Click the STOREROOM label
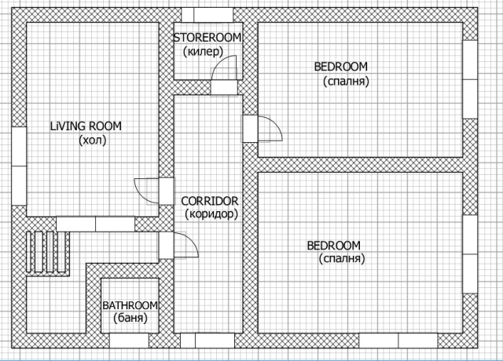[207, 38]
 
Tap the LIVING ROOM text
[86, 126]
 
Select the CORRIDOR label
[210, 201]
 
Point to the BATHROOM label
[130, 305]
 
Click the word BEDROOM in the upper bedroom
[340, 67]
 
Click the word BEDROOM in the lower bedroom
[333, 246]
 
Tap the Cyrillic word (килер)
[203, 52]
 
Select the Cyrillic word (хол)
[93, 140]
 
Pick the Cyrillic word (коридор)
[211, 214]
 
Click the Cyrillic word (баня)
[130, 318]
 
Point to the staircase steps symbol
[48, 252]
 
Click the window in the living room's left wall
[19, 166]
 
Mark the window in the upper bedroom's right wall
[470, 79]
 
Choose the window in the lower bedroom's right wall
[470, 254]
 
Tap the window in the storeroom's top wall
[207, 15]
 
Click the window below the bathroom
[129, 341]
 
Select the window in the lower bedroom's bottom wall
[398, 341]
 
